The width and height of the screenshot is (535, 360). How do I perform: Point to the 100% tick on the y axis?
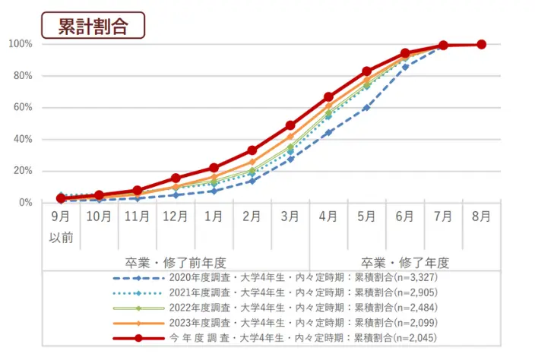tap(20, 44)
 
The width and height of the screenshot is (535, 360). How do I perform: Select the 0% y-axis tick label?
tap(25, 202)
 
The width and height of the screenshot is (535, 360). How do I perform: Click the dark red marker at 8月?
tap(481, 44)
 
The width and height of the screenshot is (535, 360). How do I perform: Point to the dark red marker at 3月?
tap(290, 125)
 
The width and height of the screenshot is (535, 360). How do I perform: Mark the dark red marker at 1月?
tap(214, 168)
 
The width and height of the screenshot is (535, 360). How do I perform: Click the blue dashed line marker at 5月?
tap(366, 107)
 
